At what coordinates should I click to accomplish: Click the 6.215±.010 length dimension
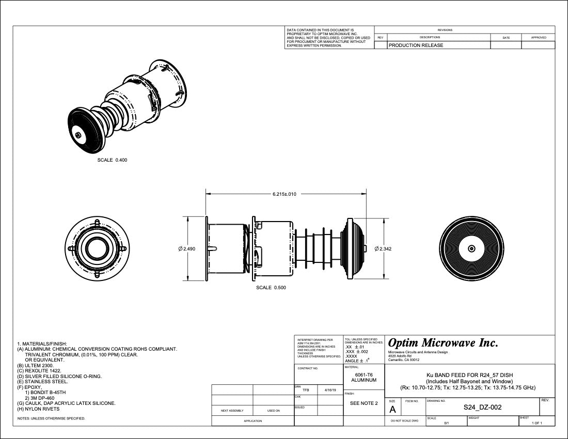point(285,194)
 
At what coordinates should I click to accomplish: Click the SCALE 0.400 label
point(112,160)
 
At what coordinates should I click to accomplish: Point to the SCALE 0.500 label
point(271,288)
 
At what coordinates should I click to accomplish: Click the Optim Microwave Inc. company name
point(443,343)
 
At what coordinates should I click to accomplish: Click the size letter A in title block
point(392,410)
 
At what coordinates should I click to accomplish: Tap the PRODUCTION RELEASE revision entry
point(416,45)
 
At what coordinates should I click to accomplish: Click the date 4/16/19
point(330,390)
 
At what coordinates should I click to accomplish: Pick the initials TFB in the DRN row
point(306,390)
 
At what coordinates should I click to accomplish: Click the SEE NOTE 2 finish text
point(364,403)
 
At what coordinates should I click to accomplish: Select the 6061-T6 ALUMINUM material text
point(364,377)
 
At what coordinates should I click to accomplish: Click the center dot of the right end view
point(471,248)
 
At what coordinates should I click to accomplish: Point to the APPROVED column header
point(539,38)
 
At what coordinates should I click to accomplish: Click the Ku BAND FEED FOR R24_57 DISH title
point(469,375)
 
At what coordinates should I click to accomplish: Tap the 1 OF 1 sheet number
point(537,423)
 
